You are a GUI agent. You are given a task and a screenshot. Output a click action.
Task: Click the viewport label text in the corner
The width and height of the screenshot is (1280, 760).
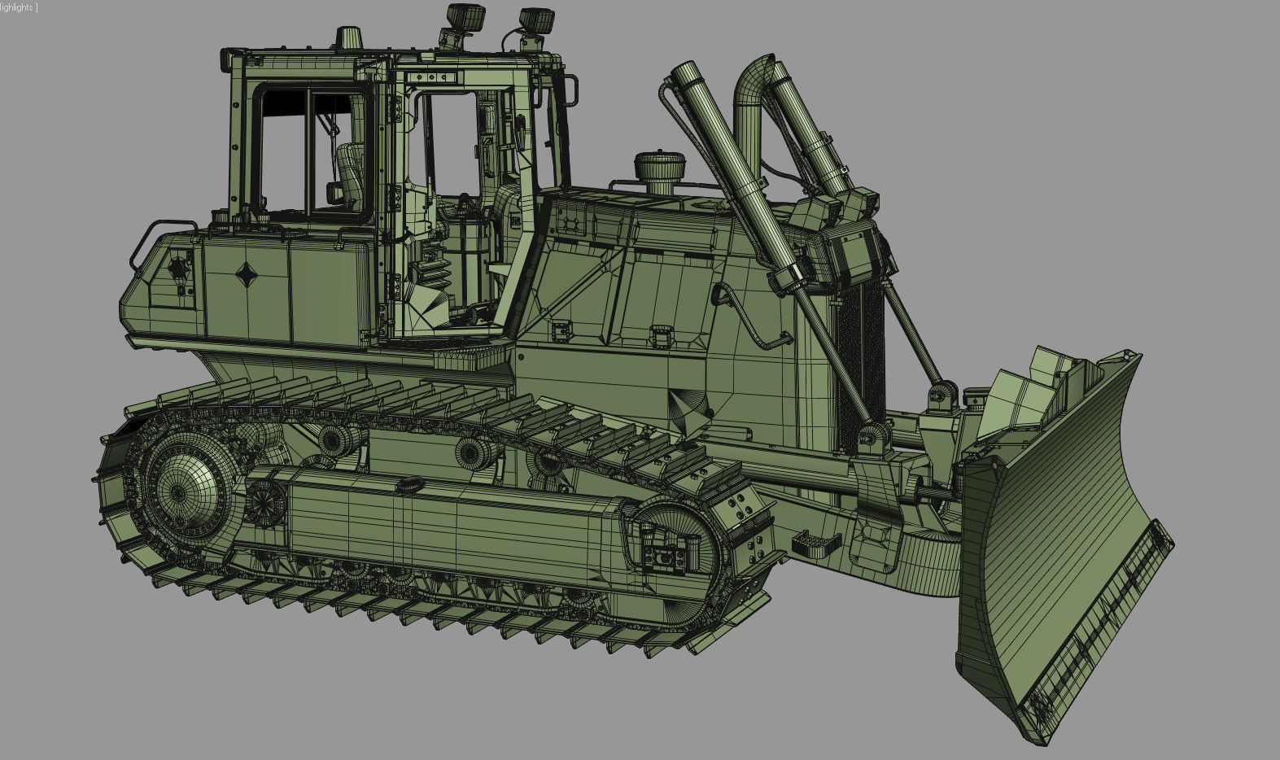[x=18, y=7]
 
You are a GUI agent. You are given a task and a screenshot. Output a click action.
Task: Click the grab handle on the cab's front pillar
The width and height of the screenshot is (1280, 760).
[x=574, y=90]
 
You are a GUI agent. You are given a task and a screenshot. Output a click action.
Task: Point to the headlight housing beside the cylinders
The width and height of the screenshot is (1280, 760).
[x=850, y=243]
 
